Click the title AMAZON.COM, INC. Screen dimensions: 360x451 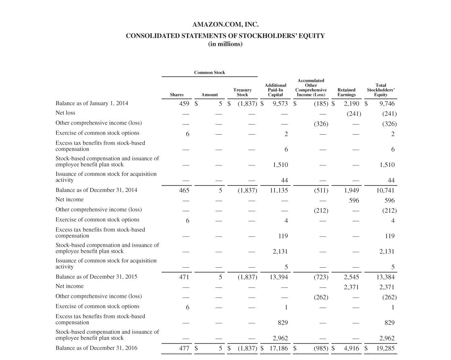(x=225, y=25)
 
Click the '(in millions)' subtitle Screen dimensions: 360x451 (x=225, y=44)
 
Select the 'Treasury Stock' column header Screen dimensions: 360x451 (x=242, y=92)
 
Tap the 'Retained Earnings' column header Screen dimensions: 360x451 (x=346, y=92)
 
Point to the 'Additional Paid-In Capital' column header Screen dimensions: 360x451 (x=275, y=90)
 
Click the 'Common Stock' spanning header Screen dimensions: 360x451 (x=210, y=73)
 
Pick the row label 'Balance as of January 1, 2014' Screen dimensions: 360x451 (x=91, y=103)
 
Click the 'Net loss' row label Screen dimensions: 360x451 (x=65, y=113)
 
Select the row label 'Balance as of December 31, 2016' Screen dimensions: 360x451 (x=96, y=348)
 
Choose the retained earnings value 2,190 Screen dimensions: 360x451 (x=351, y=104)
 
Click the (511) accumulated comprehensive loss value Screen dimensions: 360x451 (x=321, y=190)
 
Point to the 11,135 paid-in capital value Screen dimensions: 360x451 (x=278, y=190)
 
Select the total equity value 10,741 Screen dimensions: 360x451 (x=385, y=190)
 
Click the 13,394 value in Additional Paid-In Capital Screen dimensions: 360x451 (x=278, y=277)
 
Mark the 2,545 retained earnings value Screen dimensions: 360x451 (x=351, y=277)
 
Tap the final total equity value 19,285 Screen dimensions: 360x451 (x=385, y=348)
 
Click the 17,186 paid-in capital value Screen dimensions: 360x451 (x=278, y=348)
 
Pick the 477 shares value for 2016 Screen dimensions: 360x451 (x=184, y=348)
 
